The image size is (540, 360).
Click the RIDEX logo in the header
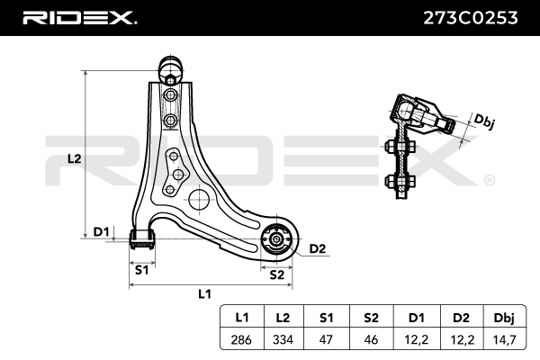[79, 17]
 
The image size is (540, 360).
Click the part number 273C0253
[472, 17]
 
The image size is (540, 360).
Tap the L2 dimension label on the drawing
[76, 157]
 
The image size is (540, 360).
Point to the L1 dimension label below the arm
[204, 293]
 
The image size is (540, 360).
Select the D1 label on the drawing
[101, 232]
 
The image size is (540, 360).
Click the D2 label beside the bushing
[317, 248]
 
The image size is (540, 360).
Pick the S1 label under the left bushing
[141, 269]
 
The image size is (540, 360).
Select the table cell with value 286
[241, 339]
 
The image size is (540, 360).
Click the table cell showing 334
[283, 339]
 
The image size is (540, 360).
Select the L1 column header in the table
[241, 317]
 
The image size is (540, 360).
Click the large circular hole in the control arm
[197, 199]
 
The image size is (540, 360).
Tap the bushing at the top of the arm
[170, 67]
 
